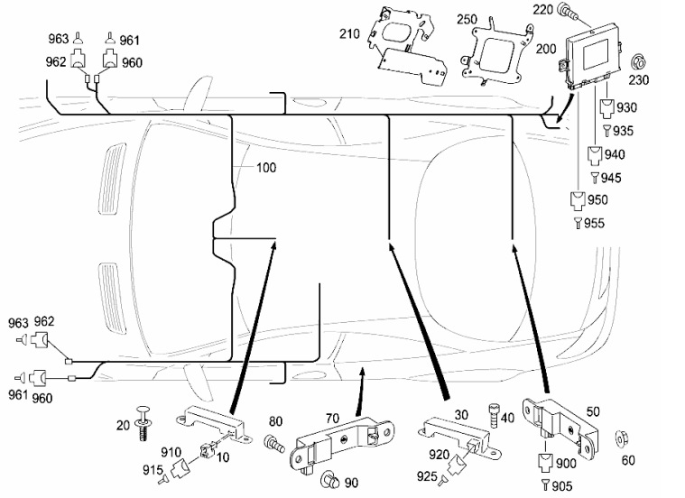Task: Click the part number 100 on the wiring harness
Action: [x=266, y=168]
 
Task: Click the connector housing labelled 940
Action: [x=595, y=154]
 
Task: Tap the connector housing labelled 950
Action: [x=578, y=200]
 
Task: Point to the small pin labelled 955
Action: [x=578, y=222]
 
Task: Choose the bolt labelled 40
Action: [x=494, y=417]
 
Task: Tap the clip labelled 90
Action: [x=331, y=483]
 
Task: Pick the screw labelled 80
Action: [x=272, y=443]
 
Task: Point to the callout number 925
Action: [x=427, y=475]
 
